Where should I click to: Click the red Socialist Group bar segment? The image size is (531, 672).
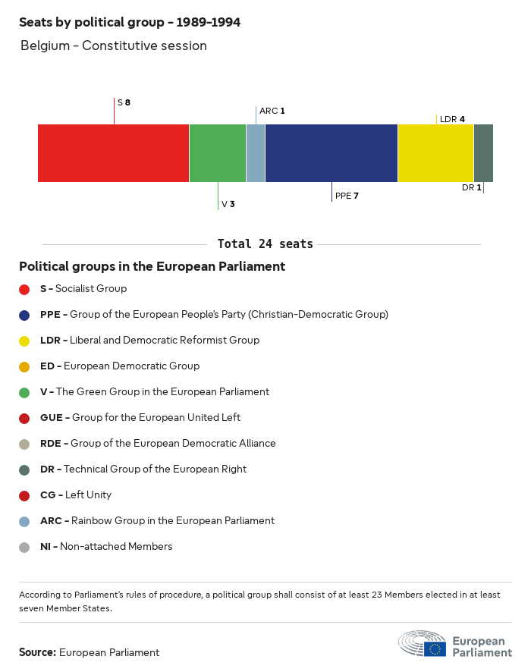coord(113,153)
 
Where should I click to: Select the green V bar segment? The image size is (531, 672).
coord(217,153)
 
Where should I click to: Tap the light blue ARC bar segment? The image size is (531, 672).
coord(256,153)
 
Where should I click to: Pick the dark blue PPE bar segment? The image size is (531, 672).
coord(331,153)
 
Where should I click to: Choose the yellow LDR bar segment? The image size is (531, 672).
coord(435,153)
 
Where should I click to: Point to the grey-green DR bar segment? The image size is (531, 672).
coord(483,153)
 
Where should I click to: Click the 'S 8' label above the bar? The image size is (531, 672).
coord(124,102)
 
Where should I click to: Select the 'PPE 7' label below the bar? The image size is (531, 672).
coord(347,196)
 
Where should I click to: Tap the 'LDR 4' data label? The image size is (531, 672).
coord(452,119)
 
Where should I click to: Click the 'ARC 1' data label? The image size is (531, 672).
coord(272,111)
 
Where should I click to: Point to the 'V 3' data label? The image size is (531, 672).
coord(228,204)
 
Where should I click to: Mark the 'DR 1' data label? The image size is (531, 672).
coord(471,187)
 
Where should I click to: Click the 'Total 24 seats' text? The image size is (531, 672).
coord(265,244)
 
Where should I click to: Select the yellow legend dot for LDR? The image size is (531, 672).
coord(24,341)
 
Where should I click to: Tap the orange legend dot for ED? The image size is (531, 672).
coord(24,366)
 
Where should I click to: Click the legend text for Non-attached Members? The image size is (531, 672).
coord(106,547)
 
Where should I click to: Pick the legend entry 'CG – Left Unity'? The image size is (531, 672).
coord(76,495)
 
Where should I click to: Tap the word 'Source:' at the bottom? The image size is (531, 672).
coord(37,652)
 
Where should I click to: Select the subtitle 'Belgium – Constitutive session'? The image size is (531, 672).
coord(114,46)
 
